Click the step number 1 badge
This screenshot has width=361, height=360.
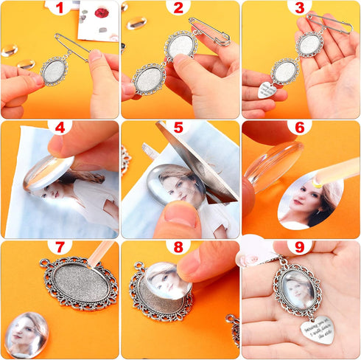(x=60, y=8)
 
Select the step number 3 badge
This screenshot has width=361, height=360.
(x=299, y=8)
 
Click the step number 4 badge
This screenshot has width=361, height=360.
(x=60, y=127)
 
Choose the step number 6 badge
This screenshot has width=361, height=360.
(x=299, y=127)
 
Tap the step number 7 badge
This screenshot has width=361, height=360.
(x=60, y=246)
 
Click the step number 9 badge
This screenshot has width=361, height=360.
(x=299, y=246)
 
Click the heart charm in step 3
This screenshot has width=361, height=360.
(x=268, y=91)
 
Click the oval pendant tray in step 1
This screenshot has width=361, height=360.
(x=54, y=71)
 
